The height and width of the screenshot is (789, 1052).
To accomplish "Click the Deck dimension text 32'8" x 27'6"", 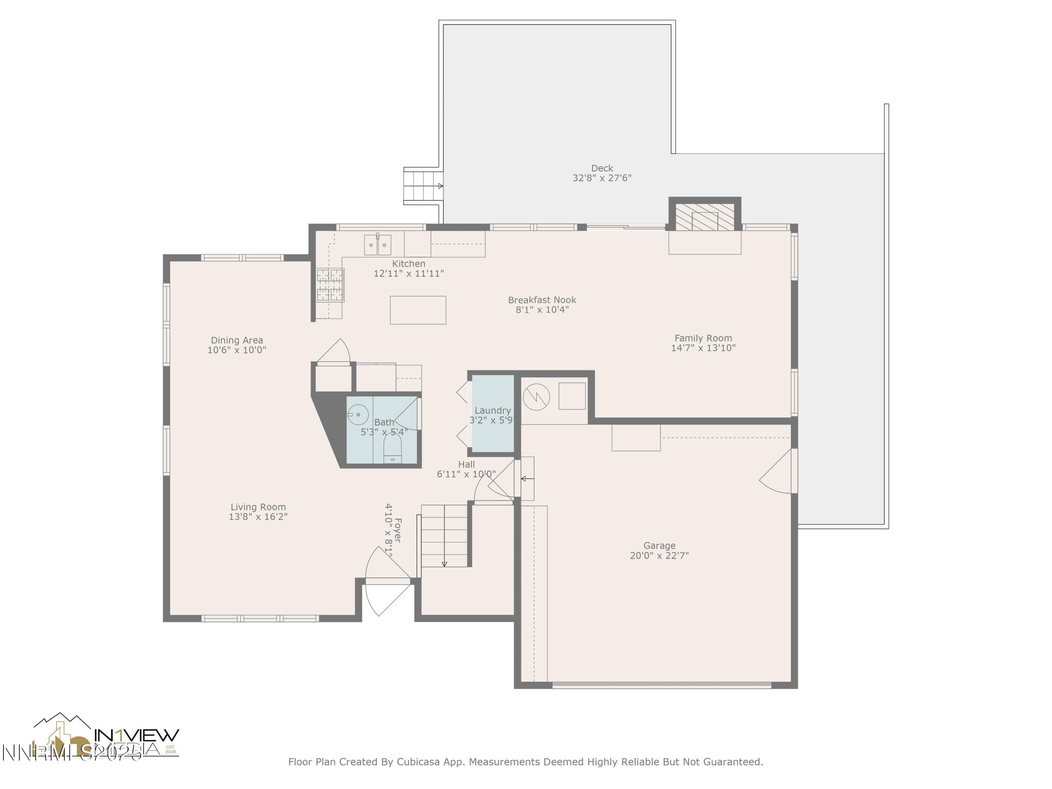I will tap(602, 178).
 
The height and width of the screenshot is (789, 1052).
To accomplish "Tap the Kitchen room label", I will tap(409, 263).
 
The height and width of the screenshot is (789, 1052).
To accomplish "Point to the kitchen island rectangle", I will tap(418, 310).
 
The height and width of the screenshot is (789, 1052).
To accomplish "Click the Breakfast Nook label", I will tap(542, 300).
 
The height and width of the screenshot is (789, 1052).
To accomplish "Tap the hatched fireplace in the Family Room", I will tap(705, 218).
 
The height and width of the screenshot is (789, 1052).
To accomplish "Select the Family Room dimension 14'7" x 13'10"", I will tap(703, 348).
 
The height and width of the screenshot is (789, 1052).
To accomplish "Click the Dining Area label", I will tap(237, 340).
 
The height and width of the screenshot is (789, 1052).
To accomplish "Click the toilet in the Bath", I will tap(392, 448).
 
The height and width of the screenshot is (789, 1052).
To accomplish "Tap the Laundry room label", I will tap(492, 410).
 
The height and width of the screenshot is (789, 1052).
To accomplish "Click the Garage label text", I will tap(659, 546).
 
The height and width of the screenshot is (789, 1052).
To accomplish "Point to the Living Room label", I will tap(258, 507).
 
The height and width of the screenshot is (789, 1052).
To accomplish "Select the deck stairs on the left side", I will tap(421, 186).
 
